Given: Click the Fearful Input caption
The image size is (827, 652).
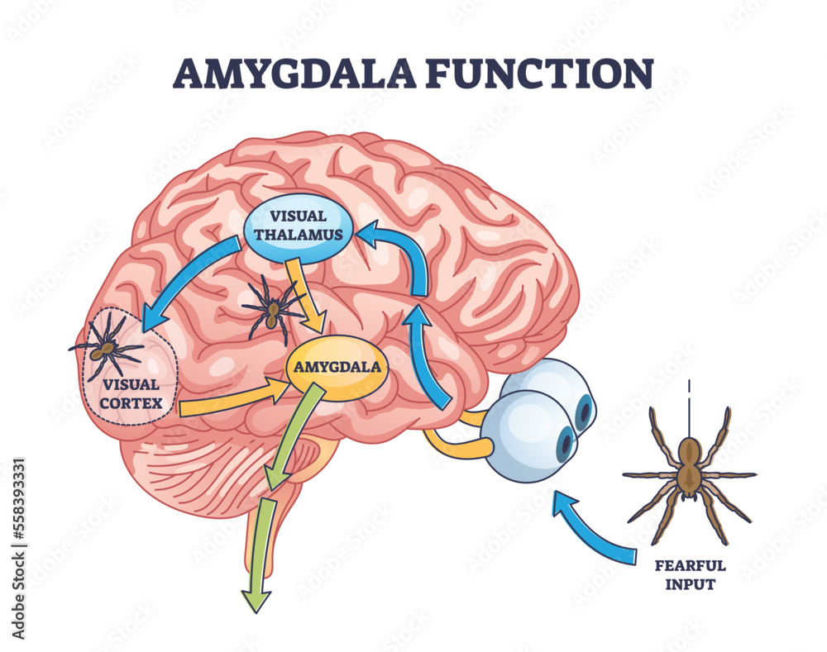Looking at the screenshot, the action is click(x=690, y=575).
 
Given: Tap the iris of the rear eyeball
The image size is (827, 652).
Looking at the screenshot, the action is click(x=584, y=410).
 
